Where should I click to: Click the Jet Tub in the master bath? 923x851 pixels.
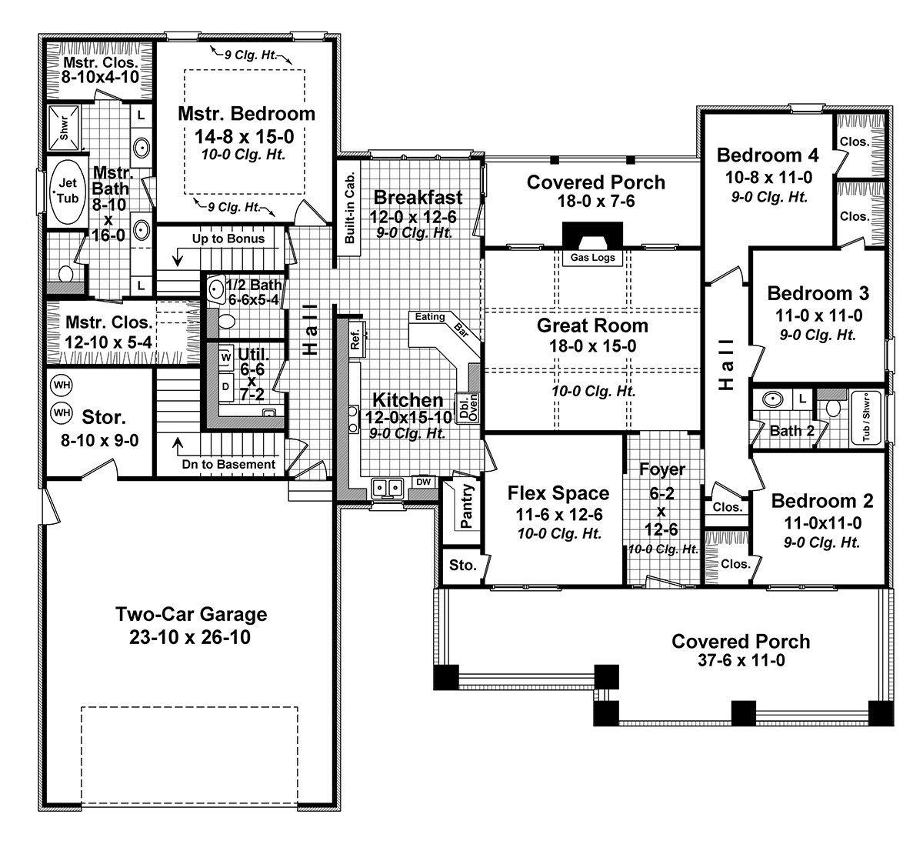tap(68, 191)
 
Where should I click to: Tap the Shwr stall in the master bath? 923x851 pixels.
tap(64, 128)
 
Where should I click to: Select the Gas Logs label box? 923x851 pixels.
tap(592, 258)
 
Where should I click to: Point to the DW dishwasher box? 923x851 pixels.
tap(423, 482)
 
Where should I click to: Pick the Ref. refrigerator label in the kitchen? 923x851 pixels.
tap(355, 340)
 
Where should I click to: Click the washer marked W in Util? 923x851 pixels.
tap(225, 357)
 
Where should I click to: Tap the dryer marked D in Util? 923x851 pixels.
tap(225, 387)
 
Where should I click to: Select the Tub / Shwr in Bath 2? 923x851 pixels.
tap(866, 418)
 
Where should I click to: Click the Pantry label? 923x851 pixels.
tap(466, 506)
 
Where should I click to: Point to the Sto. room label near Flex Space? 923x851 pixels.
tap(462, 565)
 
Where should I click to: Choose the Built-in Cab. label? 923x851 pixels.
tap(350, 208)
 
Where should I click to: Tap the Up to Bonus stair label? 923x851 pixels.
tap(228, 239)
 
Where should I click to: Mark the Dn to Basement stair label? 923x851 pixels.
tap(228, 464)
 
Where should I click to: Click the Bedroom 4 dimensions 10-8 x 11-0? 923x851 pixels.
tap(769, 177)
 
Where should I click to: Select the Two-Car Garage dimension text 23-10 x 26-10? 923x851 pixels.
tap(190, 637)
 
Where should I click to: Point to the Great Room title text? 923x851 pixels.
tap(592, 325)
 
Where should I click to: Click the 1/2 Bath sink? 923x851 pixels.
tap(215, 289)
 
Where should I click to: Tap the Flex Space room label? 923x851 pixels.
tap(558, 493)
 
